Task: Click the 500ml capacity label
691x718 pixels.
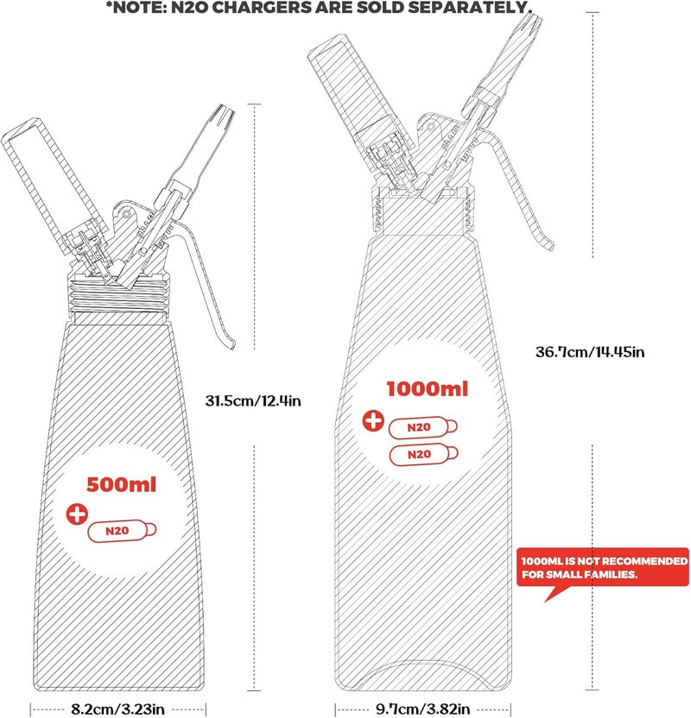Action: (x=122, y=484)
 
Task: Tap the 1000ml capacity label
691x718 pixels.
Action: (x=427, y=388)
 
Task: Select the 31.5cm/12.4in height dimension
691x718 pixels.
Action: (x=253, y=400)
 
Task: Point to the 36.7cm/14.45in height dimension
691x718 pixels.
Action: (x=590, y=352)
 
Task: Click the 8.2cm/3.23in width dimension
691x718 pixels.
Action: (x=117, y=709)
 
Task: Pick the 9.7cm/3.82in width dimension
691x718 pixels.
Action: (x=422, y=709)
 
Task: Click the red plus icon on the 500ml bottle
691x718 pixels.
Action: (x=77, y=513)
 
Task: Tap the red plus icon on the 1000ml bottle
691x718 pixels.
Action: (x=373, y=420)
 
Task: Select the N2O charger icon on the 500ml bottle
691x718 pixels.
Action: (x=122, y=532)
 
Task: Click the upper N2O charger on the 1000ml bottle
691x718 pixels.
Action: (x=422, y=427)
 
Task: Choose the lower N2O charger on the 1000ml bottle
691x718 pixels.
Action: (x=423, y=454)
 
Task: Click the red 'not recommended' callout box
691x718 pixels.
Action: (x=603, y=567)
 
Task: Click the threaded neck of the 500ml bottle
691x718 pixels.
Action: (x=118, y=296)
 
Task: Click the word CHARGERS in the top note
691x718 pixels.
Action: (x=260, y=7)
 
